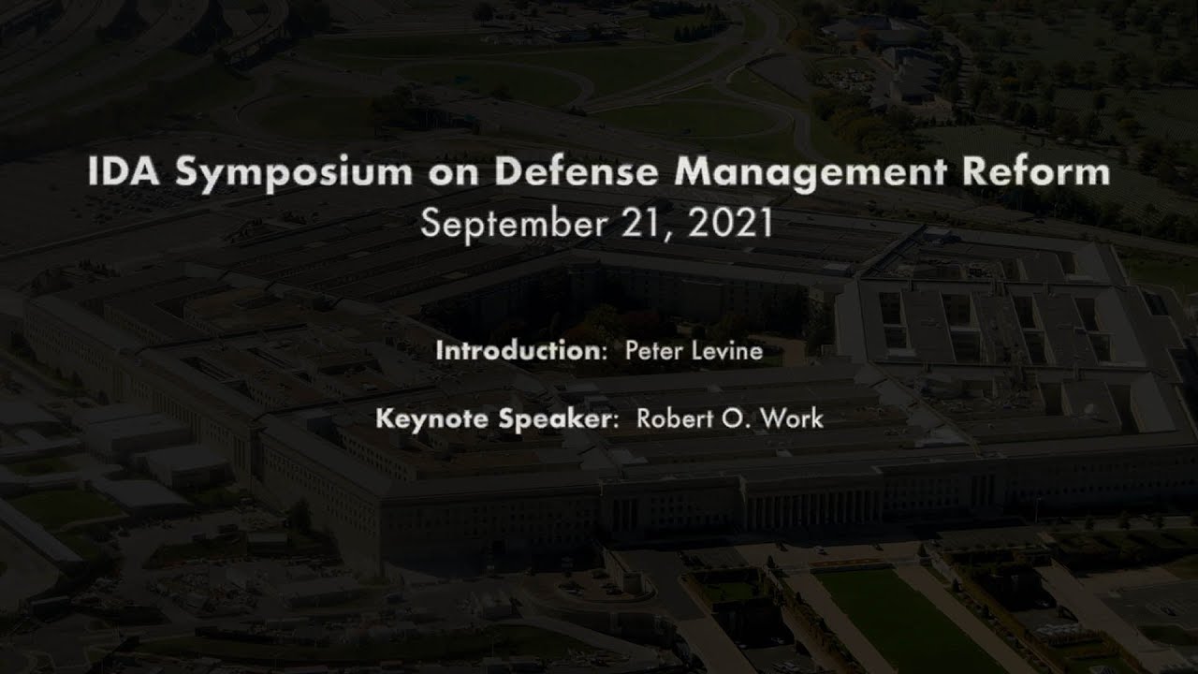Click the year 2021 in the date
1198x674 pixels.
(x=730, y=224)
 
